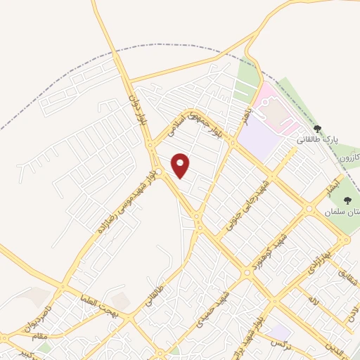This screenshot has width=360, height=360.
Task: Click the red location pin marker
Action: pos(181,165)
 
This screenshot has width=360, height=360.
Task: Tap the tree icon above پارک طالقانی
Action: pos(317,129)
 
